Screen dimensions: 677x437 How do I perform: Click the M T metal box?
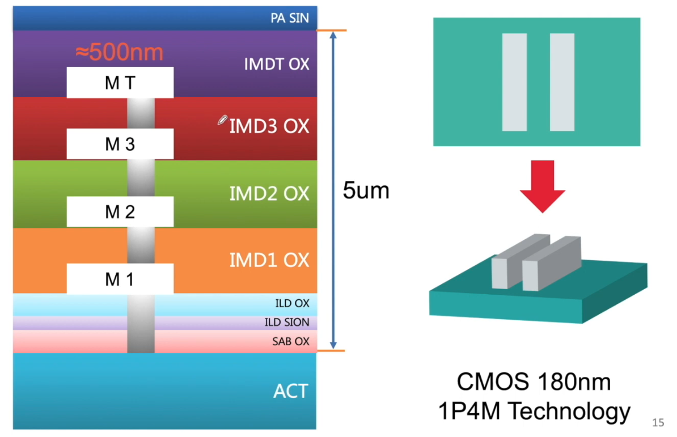coord(120,82)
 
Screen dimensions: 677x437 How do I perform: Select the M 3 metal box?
coord(120,143)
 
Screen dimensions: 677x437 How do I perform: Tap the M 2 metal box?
coord(120,211)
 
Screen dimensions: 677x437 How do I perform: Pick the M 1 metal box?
coord(120,279)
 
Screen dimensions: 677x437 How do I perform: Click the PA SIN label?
coord(290,18)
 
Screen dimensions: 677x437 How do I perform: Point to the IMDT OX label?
coord(277,64)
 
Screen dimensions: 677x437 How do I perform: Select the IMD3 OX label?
coord(269,126)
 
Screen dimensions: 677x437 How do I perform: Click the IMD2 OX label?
coord(269,194)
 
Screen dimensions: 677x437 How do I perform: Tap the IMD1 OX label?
coord(269,260)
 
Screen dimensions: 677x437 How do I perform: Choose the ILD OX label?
coord(293,303)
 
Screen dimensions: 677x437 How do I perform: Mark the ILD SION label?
coord(287,323)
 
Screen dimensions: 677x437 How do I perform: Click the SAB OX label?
coord(290,342)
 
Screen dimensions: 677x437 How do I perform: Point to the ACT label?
coord(290,391)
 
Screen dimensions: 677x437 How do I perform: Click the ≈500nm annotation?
coord(120,52)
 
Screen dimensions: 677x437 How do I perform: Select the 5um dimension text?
coord(366,190)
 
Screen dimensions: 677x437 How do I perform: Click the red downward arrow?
coord(542,186)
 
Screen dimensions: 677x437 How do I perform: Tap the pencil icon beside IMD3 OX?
coord(222,120)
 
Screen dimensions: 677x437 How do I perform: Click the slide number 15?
coord(658,422)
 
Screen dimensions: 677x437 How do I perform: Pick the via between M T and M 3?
coord(141,113)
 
